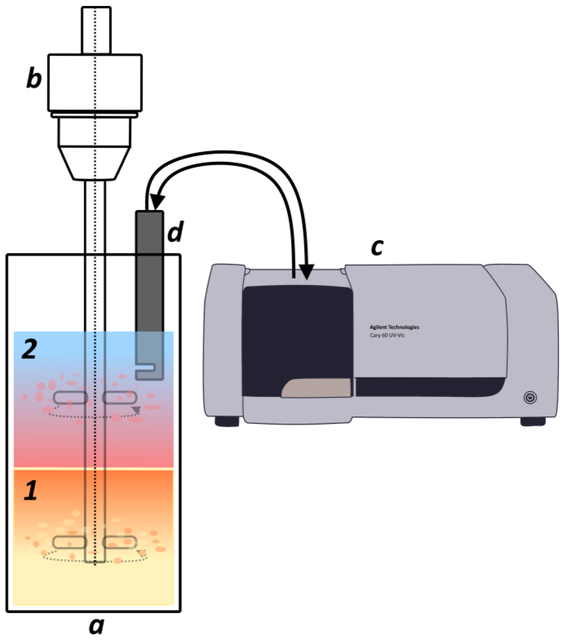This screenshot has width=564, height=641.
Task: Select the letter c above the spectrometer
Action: (x=377, y=247)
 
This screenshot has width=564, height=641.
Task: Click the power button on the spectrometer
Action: (x=530, y=398)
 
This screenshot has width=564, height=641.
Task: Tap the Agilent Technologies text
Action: (x=394, y=327)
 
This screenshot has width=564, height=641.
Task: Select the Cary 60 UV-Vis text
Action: (x=387, y=335)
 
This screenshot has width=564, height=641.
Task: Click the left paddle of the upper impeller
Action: (x=70, y=398)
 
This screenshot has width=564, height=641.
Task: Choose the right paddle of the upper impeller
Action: (x=120, y=397)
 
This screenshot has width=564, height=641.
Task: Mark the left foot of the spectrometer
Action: (x=227, y=421)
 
